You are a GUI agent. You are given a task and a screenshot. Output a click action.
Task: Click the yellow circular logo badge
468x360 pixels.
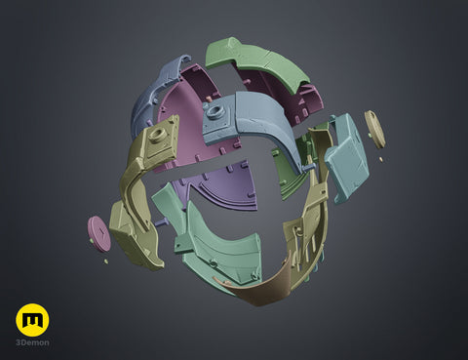pyautogui.click(x=32, y=320)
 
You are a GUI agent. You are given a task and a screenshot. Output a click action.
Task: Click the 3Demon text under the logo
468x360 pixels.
pyautogui.click(x=32, y=342)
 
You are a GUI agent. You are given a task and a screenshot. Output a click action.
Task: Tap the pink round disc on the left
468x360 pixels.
pyautogui.click(x=99, y=233)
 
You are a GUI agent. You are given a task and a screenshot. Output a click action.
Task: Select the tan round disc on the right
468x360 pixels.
pyautogui.click(x=374, y=129)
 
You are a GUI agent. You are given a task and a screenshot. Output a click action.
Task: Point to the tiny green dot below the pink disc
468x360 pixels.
pyautogui.click(x=105, y=261)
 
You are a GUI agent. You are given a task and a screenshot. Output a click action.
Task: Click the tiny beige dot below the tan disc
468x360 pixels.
pyautogui.click(x=381, y=159)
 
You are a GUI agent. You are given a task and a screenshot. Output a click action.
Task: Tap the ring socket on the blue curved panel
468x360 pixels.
pyautogui.click(x=214, y=111)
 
